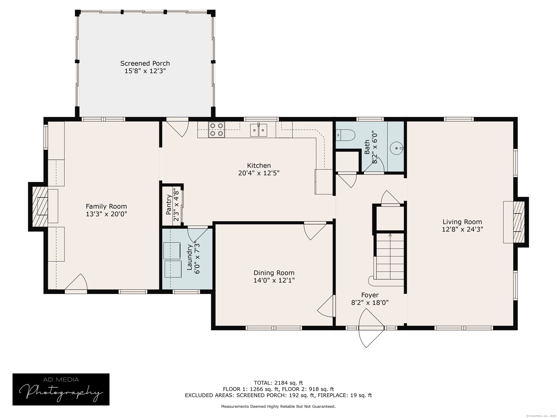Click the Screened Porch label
coord(145,63)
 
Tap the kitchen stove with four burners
coord(216,130)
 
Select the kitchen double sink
coord(259,130)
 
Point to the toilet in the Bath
coord(345,135)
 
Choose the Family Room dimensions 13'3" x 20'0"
coord(106,214)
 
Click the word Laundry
coord(190,257)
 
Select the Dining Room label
coord(274,273)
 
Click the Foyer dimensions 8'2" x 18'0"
coord(370,302)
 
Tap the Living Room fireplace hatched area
coord(519,222)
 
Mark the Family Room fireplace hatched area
coord(40,206)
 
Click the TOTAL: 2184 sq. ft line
coord(278,383)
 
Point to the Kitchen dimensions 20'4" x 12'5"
coord(259,173)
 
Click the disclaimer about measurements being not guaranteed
coord(278,406)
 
